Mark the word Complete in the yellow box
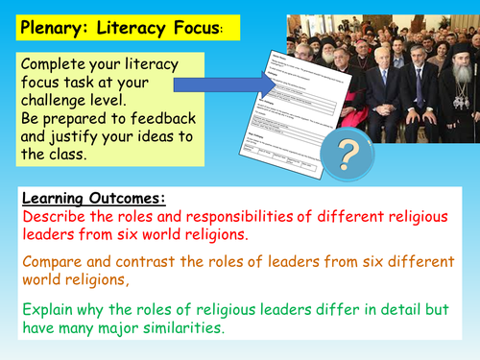[x=60, y=64]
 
